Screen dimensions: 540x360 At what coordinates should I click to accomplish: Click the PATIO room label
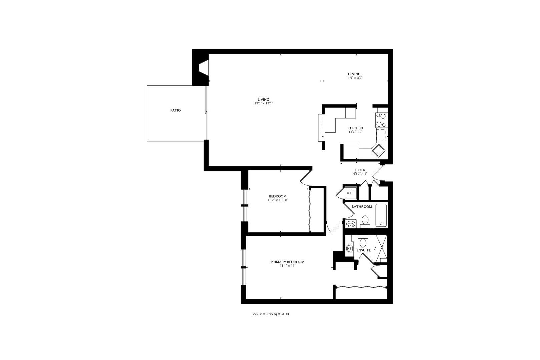coord(175,110)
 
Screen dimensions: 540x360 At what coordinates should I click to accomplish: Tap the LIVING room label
coord(263,100)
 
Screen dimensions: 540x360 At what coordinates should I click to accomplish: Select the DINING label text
coord(354,74)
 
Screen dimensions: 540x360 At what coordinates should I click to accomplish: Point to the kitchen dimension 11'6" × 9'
coord(355,132)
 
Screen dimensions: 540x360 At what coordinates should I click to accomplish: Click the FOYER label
coord(360,170)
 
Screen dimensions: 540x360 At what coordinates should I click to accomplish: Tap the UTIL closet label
coord(351,193)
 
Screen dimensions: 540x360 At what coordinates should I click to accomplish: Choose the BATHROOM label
coord(362,207)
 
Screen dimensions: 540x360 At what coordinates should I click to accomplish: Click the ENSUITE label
coord(364,250)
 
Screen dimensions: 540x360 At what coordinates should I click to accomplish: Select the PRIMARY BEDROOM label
coord(287,262)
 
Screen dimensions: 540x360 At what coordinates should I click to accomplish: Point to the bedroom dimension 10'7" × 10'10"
coord(278,200)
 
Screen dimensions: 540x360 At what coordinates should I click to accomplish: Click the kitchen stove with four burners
coord(382,120)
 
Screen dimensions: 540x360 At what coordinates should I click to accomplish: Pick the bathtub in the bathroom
coord(381,215)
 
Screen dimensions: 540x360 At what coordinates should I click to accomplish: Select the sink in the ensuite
coord(349,248)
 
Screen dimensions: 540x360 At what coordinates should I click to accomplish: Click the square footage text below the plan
coord(270,314)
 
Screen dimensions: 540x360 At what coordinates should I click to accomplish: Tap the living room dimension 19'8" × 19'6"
coord(263,103)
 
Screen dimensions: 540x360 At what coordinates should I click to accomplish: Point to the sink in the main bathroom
coord(351,224)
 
